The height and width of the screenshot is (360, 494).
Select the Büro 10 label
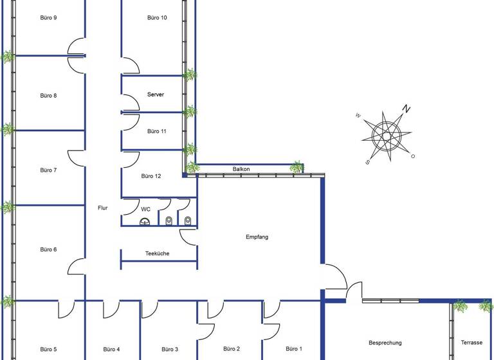tap(157, 18)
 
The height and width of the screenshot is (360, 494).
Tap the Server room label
tap(156, 94)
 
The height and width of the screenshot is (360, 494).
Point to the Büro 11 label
tap(157, 131)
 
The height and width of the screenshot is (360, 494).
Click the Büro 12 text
tap(151, 176)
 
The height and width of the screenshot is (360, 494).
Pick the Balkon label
tap(241, 169)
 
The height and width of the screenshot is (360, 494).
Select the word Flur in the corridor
tap(102, 208)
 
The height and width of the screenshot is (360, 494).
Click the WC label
tap(145, 209)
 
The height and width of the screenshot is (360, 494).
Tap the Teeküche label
tap(158, 254)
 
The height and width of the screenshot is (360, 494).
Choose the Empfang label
tap(257, 237)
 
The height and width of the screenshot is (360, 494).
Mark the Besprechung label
tap(385, 343)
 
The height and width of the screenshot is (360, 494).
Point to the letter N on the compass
tap(406, 109)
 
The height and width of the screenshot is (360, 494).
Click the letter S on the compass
tap(367, 162)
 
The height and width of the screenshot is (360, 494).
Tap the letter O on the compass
tap(413, 156)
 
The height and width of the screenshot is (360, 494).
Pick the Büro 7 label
tap(48, 170)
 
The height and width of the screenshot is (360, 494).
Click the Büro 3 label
tap(170, 350)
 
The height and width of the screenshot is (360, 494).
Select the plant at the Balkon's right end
tap(296, 167)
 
